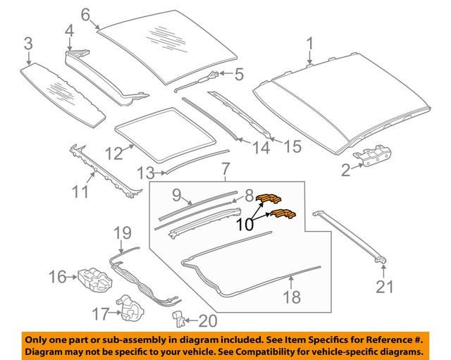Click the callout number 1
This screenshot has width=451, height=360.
(309, 46)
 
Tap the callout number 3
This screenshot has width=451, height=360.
(27, 44)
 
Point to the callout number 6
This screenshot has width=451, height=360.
(85, 14)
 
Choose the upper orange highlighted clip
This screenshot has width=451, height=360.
(269, 199)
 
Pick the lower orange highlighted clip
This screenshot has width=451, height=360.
(283, 214)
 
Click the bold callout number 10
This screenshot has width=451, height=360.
(245, 225)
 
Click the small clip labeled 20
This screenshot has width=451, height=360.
(180, 321)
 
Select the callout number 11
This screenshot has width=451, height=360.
(81, 190)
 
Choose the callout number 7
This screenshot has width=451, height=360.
(225, 170)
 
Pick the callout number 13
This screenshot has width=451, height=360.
(145, 173)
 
